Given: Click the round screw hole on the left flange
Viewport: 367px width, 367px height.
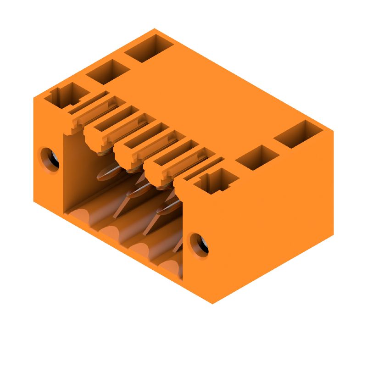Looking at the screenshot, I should click(49, 159).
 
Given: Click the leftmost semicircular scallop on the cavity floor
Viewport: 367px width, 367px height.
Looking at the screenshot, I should click(81, 216).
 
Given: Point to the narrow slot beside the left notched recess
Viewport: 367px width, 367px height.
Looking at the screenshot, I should click(90, 102).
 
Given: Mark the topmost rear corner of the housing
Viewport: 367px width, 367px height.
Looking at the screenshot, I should click(154, 29).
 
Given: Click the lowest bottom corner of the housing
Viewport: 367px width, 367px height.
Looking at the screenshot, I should click(213, 303).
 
